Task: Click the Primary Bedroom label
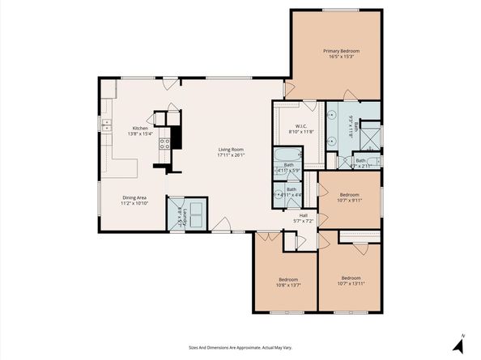coord(340,51)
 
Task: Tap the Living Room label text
coord(231,150)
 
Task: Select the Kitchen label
coord(141,128)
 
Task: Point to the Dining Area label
coord(134,197)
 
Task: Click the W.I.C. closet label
coord(300,125)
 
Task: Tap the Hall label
coord(303,215)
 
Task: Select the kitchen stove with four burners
coord(164,145)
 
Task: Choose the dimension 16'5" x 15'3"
coord(340,57)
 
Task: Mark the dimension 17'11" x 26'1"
coord(231,155)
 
